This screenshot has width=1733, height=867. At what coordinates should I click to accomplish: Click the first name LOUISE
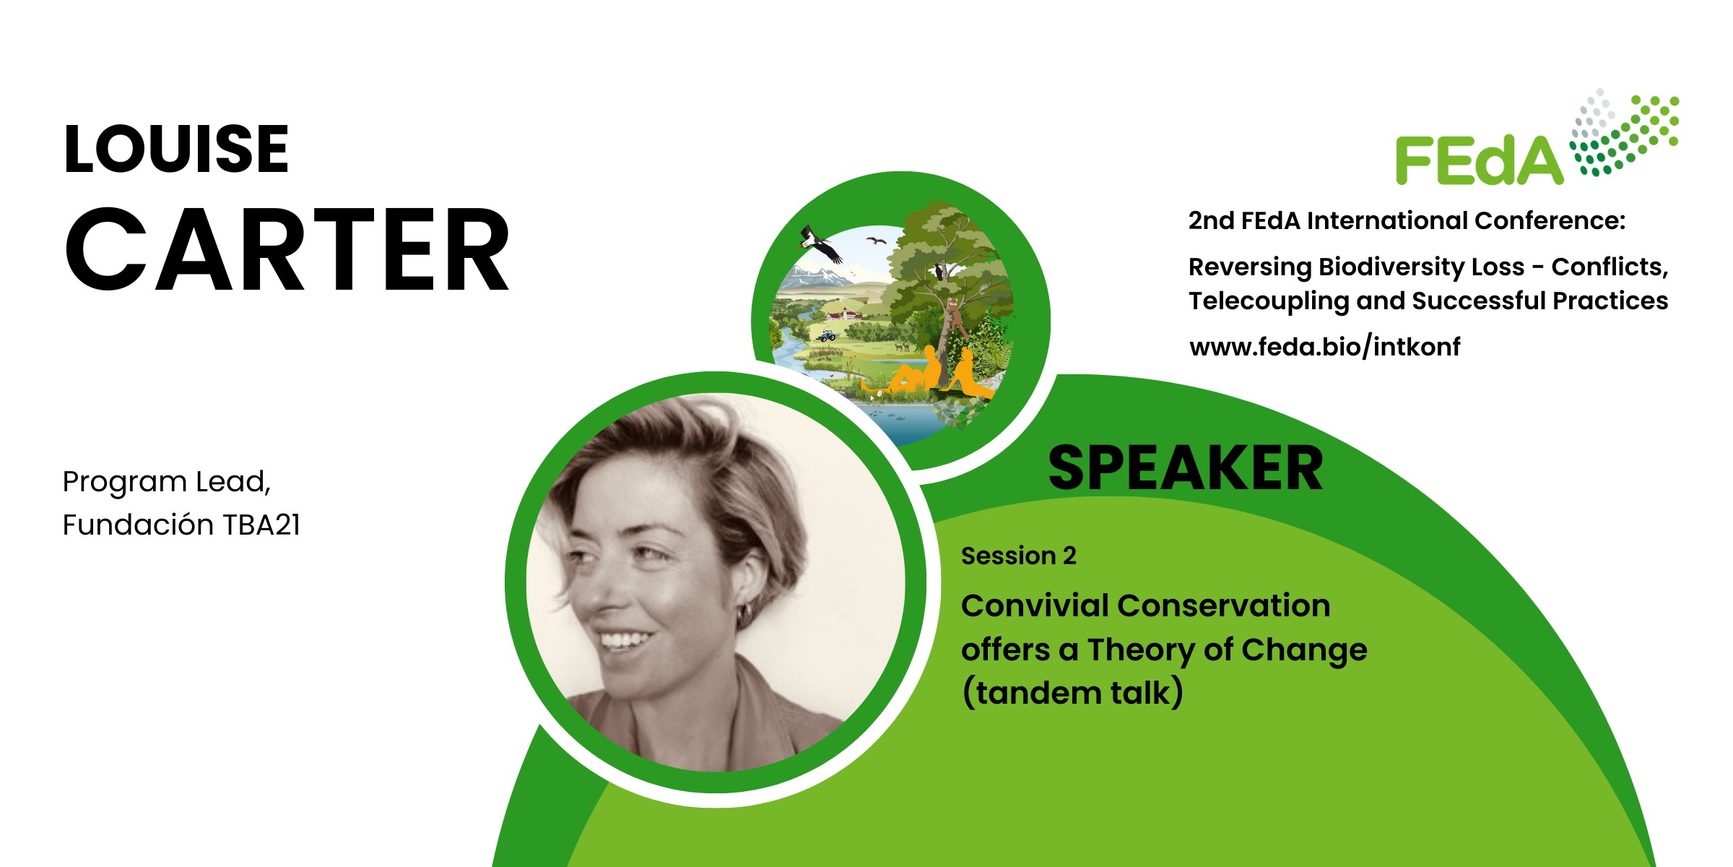(177, 149)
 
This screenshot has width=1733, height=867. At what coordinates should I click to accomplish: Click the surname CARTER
(287, 249)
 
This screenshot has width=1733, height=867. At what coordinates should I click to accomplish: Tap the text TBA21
(261, 525)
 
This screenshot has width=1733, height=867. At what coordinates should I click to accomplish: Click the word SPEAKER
(1186, 468)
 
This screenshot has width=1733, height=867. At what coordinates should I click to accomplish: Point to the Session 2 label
(1019, 556)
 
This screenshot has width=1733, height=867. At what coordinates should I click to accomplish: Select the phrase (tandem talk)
(1072, 692)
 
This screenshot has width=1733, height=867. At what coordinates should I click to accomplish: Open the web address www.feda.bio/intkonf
(1325, 347)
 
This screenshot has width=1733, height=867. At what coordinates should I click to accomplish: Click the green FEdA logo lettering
(1480, 160)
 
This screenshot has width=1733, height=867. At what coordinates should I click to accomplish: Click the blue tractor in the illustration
(827, 336)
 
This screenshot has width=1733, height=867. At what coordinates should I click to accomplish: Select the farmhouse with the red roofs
(845, 314)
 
